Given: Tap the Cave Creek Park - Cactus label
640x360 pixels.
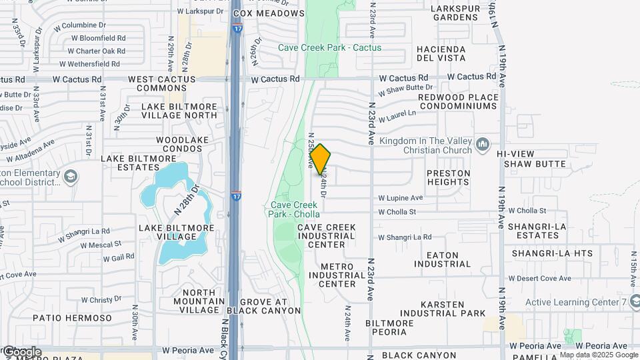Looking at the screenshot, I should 329,47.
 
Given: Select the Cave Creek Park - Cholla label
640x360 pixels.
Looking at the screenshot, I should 295,209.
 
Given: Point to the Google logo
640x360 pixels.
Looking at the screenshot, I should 21,351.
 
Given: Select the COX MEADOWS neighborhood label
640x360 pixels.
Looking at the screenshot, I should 269,13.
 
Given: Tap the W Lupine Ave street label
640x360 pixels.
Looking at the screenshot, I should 401,198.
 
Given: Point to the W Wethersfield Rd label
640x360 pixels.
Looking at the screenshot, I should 89,64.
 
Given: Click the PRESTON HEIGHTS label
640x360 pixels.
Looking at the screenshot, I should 448,178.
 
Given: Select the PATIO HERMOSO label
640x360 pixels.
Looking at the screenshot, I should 72,318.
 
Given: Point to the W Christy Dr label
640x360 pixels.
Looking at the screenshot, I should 102,300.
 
